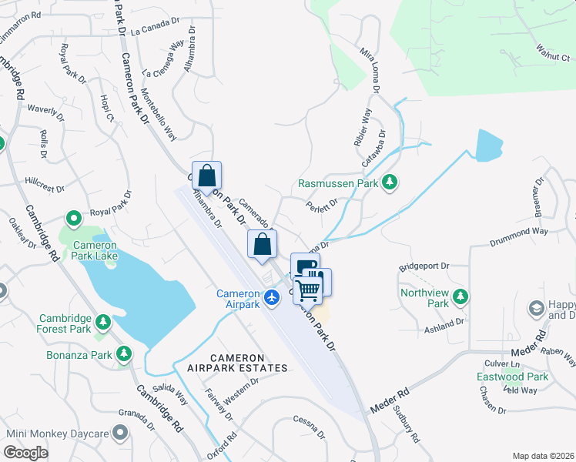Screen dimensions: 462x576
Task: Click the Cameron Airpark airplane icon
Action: pos(271,296)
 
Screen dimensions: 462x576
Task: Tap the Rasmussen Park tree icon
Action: pos(390,182)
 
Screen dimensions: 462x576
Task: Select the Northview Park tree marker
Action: pos(460,296)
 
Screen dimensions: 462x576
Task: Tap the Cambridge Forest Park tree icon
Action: pos(102,320)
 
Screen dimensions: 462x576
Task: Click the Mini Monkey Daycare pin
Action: pos(120,434)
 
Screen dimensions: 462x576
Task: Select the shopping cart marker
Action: pos(307,290)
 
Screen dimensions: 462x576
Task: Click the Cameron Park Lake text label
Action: pos(95,252)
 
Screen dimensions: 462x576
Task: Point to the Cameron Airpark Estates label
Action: pos(237,363)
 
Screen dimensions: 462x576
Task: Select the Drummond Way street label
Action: pos(519,236)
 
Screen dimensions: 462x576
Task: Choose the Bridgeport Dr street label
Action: pos(424,267)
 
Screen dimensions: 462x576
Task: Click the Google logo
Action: pos(26,453)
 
